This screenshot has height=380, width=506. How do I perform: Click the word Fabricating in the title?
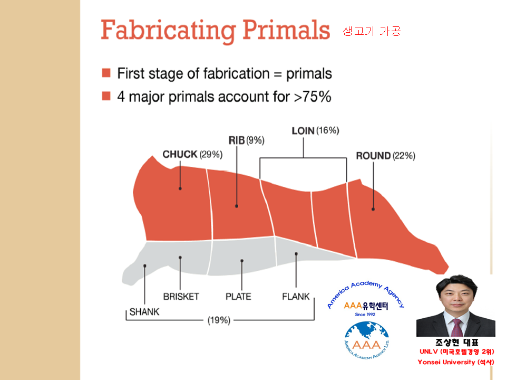168,31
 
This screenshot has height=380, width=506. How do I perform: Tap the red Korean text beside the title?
372,31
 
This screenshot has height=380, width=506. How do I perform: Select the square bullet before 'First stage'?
106,73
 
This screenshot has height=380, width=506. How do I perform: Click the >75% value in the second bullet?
313,97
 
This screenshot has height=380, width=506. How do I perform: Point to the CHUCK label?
180,155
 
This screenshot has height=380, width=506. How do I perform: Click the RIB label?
237,140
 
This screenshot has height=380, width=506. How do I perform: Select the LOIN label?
303,131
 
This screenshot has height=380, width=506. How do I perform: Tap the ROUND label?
373,156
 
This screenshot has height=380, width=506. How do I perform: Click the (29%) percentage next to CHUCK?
211,155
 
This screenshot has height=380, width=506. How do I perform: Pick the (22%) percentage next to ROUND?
404,156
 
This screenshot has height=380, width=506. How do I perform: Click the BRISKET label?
181,297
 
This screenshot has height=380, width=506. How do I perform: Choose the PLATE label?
238,297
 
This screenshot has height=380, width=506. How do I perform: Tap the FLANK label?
296,297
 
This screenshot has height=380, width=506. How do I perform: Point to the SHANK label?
144,312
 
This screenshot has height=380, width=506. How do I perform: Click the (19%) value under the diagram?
219,320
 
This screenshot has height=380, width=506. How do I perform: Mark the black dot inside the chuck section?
180,188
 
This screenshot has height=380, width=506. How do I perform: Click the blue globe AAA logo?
367,340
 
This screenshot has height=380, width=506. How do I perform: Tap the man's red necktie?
456,327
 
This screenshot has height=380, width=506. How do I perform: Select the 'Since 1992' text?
365,315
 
